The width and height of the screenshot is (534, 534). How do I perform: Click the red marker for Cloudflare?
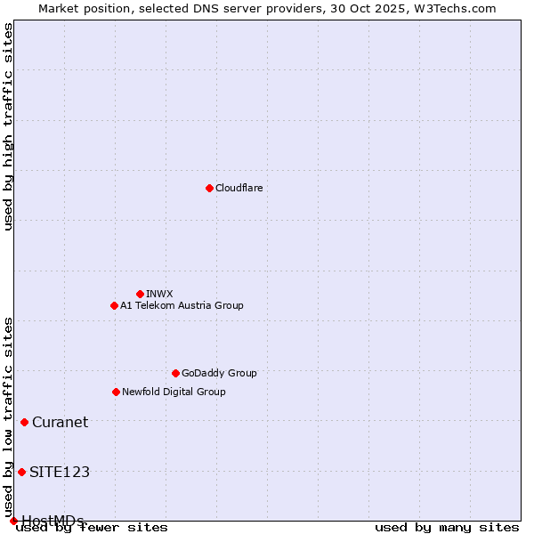(x=209, y=188)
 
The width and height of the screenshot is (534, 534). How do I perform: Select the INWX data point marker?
(x=140, y=294)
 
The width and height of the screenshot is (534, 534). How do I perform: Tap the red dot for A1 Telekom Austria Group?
(x=114, y=305)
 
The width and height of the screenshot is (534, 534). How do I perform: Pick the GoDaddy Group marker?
(x=175, y=373)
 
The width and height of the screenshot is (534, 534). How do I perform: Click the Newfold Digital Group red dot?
(x=116, y=392)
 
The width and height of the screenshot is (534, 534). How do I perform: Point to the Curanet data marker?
(x=24, y=422)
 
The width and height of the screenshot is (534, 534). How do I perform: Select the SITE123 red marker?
(x=21, y=472)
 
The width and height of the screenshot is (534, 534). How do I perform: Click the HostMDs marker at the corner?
(x=13, y=521)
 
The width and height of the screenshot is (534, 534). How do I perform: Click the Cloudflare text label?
(x=239, y=188)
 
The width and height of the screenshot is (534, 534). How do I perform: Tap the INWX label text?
(x=159, y=294)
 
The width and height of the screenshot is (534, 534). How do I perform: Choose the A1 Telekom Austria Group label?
(x=182, y=305)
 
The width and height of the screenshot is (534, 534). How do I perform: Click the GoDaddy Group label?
(x=219, y=373)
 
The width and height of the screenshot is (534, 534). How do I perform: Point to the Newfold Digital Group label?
(x=174, y=392)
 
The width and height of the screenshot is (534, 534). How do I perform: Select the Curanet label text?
(x=60, y=422)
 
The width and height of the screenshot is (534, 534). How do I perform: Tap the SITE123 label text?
(x=60, y=472)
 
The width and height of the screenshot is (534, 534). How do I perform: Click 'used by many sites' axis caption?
(x=447, y=528)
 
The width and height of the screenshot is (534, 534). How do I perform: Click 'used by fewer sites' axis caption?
(x=93, y=528)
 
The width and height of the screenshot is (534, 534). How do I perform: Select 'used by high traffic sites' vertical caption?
(x=9, y=126)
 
